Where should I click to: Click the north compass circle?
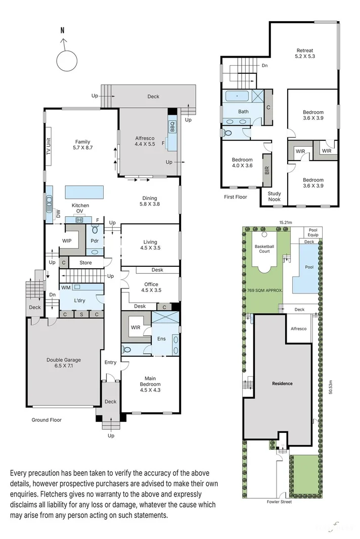click(x=66, y=61)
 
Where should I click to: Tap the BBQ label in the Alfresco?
click(x=172, y=126)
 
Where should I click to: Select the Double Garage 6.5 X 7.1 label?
click(x=64, y=363)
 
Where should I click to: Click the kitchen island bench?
click(x=84, y=192)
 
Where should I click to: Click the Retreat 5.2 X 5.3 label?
click(x=305, y=54)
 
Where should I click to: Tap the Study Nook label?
click(x=274, y=196)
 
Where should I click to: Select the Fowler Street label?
click(x=279, y=502)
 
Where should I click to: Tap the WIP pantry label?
click(x=67, y=240)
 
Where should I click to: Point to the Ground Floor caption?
click(x=47, y=420)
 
